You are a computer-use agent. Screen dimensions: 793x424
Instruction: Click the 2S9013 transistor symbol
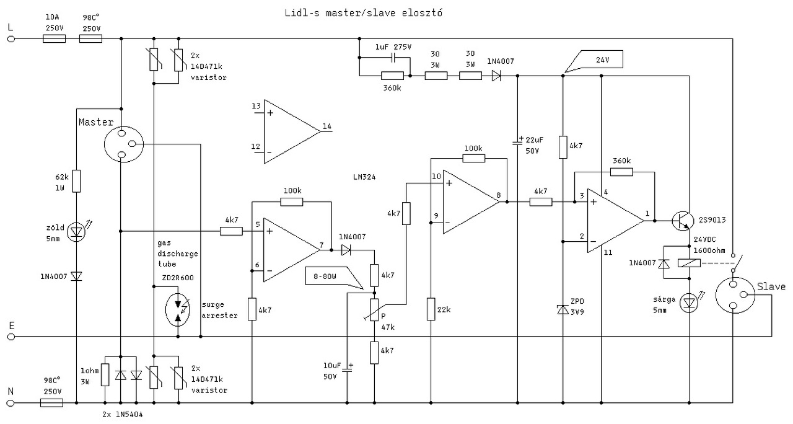click(683, 221)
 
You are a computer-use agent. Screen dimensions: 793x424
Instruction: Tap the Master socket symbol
click(123, 144)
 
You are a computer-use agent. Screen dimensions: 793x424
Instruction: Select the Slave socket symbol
click(735, 295)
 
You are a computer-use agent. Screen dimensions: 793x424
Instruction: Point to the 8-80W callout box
click(333, 277)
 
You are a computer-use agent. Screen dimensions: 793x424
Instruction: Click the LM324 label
click(364, 177)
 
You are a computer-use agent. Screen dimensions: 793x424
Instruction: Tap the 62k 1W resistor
click(76, 181)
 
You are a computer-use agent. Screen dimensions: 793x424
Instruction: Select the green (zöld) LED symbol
click(77, 232)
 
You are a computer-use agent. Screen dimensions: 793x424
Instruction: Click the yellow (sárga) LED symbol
click(690, 303)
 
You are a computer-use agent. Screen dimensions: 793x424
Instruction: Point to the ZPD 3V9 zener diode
click(563, 309)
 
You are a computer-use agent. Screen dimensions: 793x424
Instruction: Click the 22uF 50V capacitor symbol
click(517, 142)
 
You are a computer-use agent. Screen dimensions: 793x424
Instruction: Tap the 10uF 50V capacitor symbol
click(348, 368)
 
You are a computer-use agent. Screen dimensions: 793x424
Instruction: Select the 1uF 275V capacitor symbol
click(393, 58)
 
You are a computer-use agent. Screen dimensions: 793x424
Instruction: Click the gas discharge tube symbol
click(178, 309)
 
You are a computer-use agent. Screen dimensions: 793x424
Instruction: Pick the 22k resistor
click(431, 309)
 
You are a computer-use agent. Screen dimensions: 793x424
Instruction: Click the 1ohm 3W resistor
click(105, 374)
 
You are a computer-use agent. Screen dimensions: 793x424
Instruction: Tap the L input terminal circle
click(11, 39)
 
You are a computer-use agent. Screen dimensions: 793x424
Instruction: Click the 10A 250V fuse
click(54, 38)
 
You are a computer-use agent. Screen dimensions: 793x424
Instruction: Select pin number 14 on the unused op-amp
click(326, 126)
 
